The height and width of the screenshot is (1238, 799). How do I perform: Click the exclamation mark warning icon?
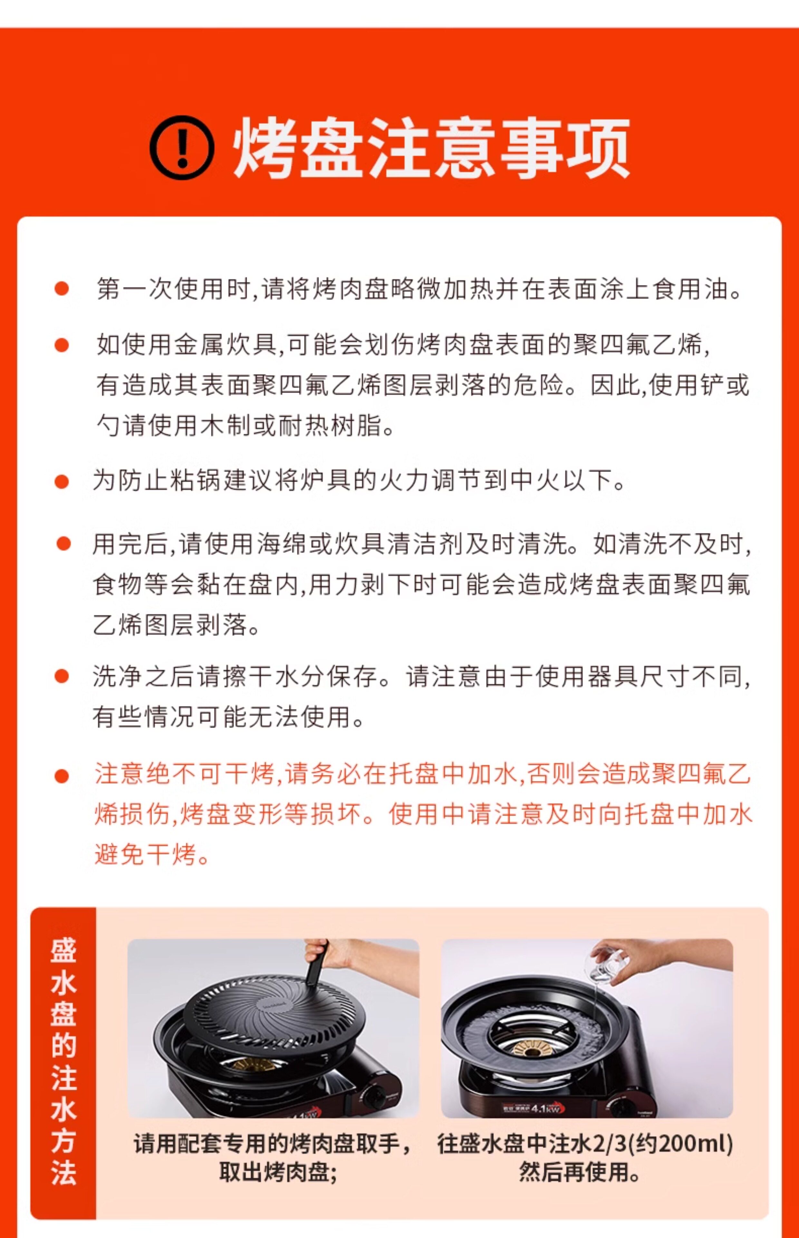[x=182, y=147]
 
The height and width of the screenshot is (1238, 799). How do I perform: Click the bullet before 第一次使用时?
[x=62, y=289]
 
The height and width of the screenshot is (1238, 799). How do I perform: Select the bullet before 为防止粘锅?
[x=62, y=481]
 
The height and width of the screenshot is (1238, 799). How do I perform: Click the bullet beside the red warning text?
[x=62, y=776]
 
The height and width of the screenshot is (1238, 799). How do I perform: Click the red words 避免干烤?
[x=145, y=854]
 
